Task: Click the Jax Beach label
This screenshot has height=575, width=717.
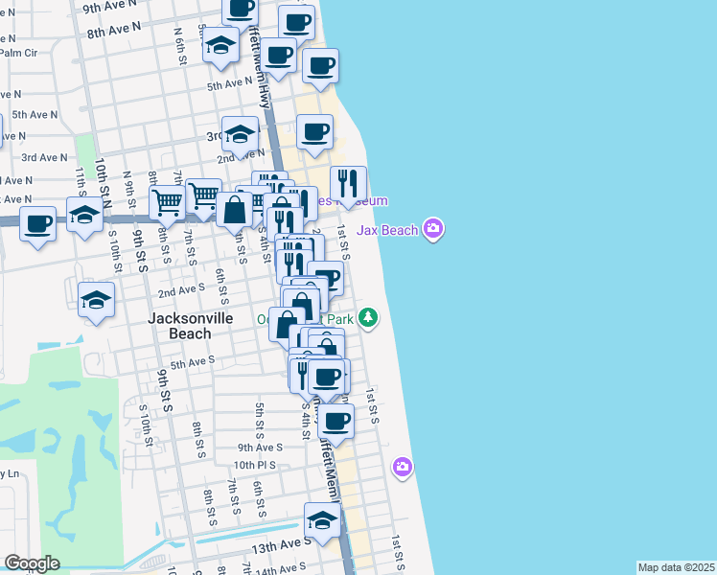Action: (387, 230)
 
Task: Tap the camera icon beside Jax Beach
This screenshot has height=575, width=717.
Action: (433, 228)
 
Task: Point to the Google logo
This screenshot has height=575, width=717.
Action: (32, 563)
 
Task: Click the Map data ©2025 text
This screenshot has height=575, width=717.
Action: (676, 567)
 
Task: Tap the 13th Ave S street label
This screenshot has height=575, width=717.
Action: (280, 541)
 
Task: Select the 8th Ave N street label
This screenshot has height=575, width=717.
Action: (114, 31)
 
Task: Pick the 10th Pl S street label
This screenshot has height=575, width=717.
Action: (254, 465)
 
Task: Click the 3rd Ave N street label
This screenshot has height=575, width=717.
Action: (45, 157)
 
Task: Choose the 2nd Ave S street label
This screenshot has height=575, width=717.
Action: (181, 288)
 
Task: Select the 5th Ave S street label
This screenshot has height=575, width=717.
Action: (192, 364)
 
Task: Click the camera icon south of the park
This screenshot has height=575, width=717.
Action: (403, 467)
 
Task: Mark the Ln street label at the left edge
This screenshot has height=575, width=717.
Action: (11, 473)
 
